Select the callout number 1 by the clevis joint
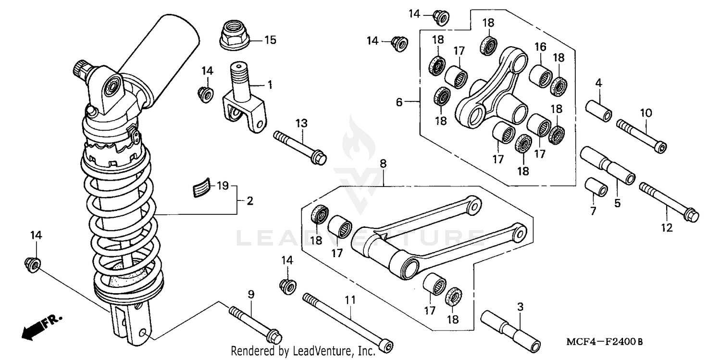[270, 85]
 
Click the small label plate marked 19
[202, 187]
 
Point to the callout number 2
[250, 200]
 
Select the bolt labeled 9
[255, 324]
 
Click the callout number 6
[399, 102]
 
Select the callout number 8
[383, 163]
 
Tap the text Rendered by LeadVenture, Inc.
[303, 351]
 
